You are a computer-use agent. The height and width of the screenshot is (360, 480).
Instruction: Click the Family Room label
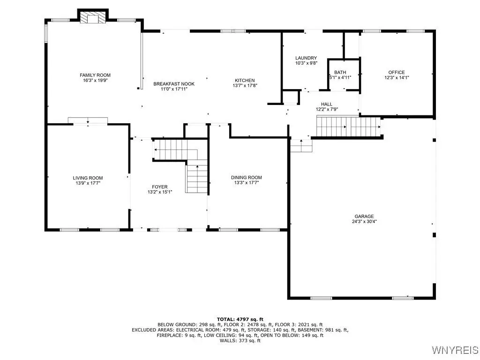tap(95, 75)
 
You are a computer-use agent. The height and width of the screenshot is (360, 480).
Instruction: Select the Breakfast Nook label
tap(174, 84)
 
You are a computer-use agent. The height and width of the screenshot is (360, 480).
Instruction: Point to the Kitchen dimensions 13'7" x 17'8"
tap(245, 86)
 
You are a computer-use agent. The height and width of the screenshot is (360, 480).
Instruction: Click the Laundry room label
tap(306, 58)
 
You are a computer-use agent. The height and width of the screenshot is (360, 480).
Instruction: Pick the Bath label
tap(340, 72)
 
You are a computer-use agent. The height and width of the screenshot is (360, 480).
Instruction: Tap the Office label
tap(397, 72)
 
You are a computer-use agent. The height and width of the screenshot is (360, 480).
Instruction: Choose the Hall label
tap(327, 104)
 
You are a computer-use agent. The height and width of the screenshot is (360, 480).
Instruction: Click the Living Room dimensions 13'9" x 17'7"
tap(88, 183)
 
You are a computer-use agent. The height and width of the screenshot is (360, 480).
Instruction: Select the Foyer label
tap(160, 187)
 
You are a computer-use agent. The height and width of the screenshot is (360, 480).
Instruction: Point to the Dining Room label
tap(247, 177)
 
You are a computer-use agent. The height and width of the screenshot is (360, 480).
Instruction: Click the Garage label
tap(364, 216)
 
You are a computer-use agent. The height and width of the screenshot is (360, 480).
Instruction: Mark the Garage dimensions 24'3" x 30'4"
tap(364, 221)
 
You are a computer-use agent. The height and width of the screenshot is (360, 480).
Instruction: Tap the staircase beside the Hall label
tap(348, 127)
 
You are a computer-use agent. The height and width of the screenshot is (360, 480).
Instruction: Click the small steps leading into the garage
tap(301, 146)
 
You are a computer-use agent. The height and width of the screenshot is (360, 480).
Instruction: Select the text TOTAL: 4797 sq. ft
tap(240, 319)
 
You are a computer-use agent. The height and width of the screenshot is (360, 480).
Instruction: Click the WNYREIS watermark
tap(455, 350)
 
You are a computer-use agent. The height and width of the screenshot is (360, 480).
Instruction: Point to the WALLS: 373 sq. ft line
tap(240, 340)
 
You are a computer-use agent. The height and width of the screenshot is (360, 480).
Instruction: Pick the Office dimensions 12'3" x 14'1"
tap(397, 78)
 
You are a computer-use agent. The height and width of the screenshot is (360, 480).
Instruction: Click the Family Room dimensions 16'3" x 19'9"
tap(95, 81)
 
